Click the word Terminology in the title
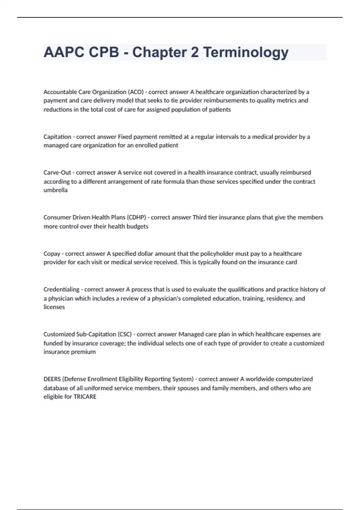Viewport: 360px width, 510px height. click(246, 52)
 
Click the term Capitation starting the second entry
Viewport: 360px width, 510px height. click(57, 137)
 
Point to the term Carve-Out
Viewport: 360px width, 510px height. click(57, 172)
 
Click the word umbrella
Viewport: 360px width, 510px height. click(55, 190)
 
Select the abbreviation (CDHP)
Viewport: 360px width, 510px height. click(136, 217)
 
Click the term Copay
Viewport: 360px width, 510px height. click(52, 253)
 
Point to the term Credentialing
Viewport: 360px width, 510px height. click(61, 289)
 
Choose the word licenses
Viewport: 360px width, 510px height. click(54, 307)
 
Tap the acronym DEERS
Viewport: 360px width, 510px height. click(52, 379)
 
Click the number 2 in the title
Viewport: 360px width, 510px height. click(195, 52)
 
